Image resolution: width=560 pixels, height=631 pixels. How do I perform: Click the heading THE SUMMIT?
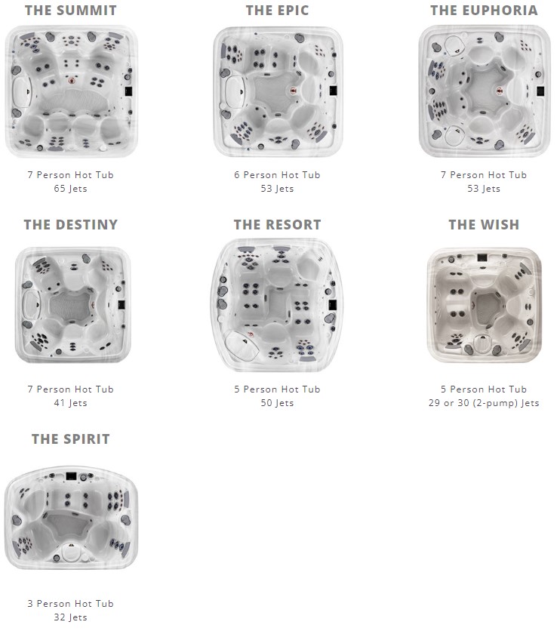(x=71, y=11)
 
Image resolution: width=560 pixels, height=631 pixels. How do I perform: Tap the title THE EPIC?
(x=277, y=11)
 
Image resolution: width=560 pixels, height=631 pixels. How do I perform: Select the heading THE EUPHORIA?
(x=484, y=11)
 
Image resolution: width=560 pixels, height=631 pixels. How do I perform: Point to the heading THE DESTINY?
(x=71, y=225)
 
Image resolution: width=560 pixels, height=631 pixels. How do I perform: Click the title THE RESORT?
(x=277, y=225)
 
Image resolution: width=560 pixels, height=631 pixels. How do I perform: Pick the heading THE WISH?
(x=484, y=225)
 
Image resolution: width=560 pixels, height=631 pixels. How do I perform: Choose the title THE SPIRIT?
(x=71, y=439)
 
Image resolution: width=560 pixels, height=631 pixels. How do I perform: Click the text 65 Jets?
(x=70, y=189)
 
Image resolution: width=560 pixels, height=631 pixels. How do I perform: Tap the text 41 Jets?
(x=70, y=403)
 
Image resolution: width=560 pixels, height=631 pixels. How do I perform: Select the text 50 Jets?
(x=277, y=403)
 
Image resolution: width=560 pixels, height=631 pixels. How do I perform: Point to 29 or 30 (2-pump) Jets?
(x=484, y=403)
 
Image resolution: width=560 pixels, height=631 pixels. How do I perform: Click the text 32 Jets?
(x=70, y=617)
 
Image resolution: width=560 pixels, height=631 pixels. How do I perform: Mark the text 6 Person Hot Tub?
(x=277, y=174)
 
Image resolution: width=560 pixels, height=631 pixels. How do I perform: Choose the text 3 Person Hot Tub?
(x=70, y=603)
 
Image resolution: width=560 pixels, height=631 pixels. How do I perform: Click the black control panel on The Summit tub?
(x=128, y=91)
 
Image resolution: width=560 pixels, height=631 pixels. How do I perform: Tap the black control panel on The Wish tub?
(x=482, y=257)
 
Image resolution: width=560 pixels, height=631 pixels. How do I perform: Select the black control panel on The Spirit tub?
(x=71, y=476)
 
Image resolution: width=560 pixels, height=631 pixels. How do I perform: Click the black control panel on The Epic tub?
(x=334, y=91)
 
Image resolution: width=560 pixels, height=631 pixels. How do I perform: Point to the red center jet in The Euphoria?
(x=500, y=91)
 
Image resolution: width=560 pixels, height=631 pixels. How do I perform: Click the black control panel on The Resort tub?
(x=332, y=305)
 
